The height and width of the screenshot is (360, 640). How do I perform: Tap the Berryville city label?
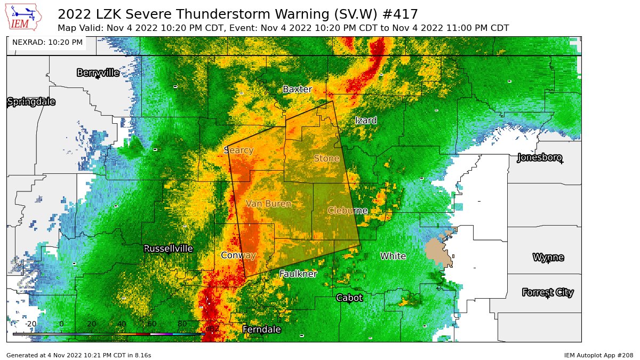[98, 73]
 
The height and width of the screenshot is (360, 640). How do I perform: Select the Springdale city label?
[31, 102]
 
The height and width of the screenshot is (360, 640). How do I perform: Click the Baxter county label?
[297, 89]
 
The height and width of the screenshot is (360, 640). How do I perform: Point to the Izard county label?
[366, 121]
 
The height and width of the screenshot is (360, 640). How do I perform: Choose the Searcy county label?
[238, 150]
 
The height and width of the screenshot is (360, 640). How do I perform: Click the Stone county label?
[326, 158]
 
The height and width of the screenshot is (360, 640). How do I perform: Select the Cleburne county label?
[347, 211]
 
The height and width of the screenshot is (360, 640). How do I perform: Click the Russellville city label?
[169, 249]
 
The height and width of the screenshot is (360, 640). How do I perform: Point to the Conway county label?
[238, 255]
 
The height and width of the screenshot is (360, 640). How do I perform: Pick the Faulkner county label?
[298, 274]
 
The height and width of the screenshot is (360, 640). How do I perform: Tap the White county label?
[393, 256]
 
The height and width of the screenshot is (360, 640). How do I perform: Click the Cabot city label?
[349, 298]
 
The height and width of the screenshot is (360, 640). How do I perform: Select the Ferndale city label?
[261, 330]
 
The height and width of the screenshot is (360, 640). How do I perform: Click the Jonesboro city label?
[540, 157]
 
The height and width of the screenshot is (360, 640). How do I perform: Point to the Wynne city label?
[548, 258]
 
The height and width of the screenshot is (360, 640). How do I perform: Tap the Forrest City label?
[548, 292]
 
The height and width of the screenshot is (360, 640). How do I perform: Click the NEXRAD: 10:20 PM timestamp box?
[47, 42]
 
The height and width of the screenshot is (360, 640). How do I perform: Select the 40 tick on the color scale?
[122, 324]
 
